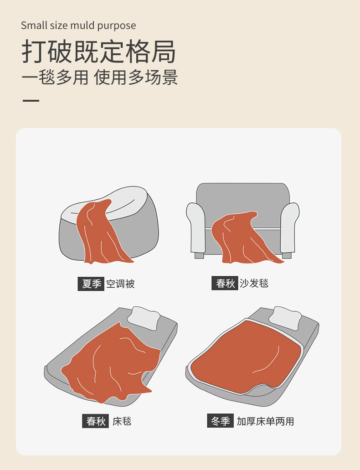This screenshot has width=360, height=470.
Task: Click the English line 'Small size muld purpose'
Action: click(x=78, y=26)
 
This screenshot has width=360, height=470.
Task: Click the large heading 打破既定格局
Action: click(x=98, y=52)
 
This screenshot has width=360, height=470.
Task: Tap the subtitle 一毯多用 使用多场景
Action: click(x=100, y=77)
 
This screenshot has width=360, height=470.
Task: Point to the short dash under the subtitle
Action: click(x=31, y=101)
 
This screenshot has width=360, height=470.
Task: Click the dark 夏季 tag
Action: click(x=91, y=284)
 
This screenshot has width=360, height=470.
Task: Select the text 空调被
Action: click(x=120, y=284)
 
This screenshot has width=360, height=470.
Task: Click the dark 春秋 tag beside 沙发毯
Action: click(x=225, y=283)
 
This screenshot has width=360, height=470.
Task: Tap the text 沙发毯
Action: click(x=254, y=283)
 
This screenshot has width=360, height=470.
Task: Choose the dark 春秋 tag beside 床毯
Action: click(x=95, y=421)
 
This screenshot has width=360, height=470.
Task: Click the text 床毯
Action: click(x=122, y=421)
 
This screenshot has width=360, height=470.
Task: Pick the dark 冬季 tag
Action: click(x=220, y=421)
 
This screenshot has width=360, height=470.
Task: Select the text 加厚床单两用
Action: click(x=265, y=421)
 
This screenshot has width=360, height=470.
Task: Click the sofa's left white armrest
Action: click(x=196, y=228)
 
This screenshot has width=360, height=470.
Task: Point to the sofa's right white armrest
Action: click(x=289, y=228)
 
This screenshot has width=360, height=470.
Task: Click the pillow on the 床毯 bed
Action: click(x=144, y=318)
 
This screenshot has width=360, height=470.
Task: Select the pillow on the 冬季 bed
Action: click(x=285, y=318)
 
